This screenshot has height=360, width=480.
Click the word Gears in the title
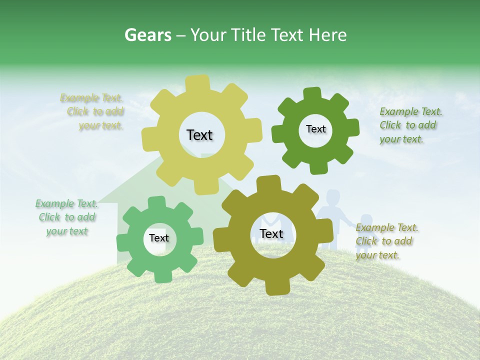point(146,35)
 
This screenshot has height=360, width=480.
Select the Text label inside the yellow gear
point(199,135)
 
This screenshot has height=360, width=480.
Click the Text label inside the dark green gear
point(315,129)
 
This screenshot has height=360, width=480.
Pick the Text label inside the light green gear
point(159,238)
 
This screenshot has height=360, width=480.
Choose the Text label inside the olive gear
point(271,233)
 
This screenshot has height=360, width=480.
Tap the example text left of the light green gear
point(66,217)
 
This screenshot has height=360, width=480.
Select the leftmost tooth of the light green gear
point(123,242)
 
